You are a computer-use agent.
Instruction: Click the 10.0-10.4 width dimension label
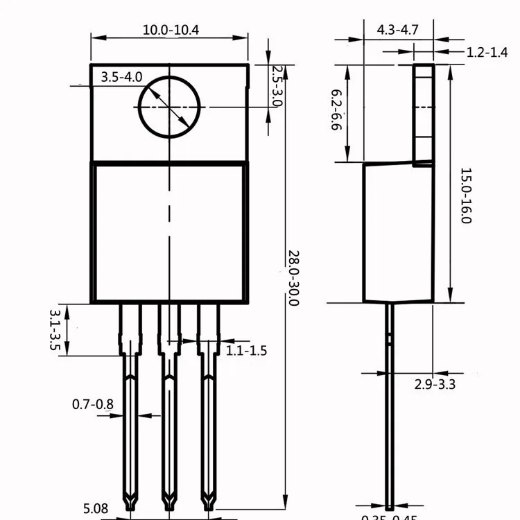pos(171,30)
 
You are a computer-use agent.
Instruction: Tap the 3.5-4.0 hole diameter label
pos(121,77)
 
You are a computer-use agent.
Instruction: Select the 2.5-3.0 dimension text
pos(277,86)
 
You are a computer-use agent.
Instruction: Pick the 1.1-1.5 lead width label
pos(246,351)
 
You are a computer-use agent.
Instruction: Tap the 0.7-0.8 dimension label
pos(93,404)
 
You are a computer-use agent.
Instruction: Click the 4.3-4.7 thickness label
pos(398,30)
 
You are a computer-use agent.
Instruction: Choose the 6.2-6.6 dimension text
pos(337,112)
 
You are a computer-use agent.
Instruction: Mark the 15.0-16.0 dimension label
pos(466,196)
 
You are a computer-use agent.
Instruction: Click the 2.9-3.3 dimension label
pos(435,384)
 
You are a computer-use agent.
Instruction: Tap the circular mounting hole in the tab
pos(169,106)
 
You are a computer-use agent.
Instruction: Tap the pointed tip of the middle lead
pos(168,501)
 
